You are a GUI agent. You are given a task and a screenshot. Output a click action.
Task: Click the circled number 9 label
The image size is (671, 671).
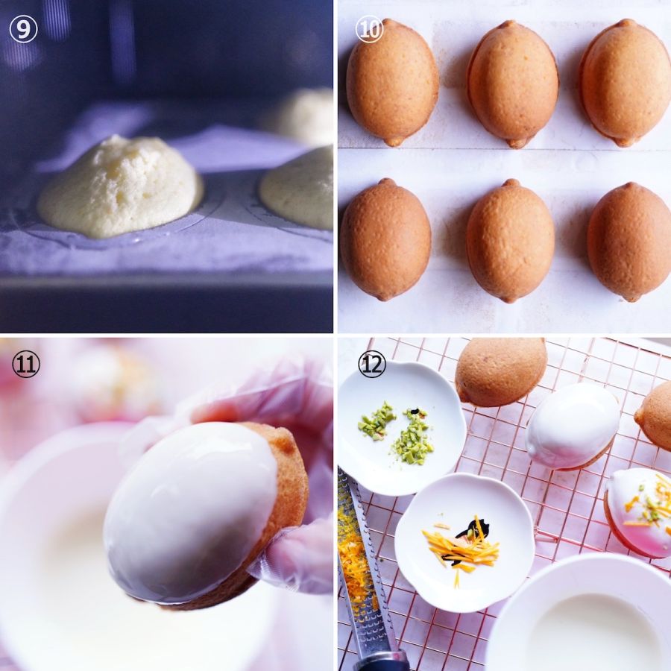(24, 29)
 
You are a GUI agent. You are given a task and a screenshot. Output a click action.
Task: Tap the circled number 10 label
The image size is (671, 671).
(369, 29)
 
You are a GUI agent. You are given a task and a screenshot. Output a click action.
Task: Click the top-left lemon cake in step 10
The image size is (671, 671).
(392, 82)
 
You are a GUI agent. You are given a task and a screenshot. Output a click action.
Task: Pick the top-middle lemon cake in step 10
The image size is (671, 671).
(513, 84)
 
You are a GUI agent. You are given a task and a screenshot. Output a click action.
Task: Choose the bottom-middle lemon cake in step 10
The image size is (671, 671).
(510, 241)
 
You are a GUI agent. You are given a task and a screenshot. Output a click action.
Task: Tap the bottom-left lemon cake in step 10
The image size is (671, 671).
(385, 239)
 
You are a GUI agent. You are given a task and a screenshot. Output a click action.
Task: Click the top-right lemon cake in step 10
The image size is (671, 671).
(626, 82)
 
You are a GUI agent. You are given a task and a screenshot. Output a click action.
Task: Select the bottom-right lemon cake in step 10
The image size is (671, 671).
(629, 242)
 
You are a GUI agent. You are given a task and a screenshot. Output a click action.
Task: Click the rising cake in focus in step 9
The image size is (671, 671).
(120, 186)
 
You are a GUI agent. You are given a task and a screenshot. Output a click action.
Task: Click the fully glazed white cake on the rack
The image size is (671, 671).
(573, 426)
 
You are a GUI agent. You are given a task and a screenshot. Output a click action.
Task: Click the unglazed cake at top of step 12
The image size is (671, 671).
(501, 371)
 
